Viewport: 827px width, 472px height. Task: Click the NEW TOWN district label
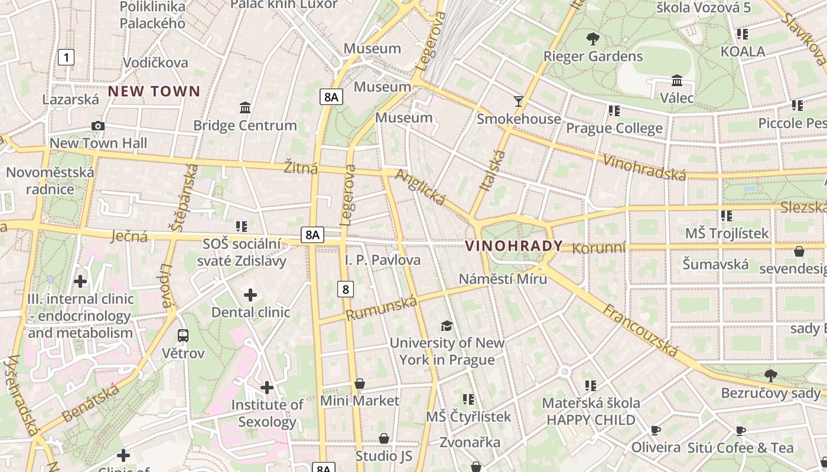(x=154, y=91)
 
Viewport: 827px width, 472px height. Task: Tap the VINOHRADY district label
(x=514, y=246)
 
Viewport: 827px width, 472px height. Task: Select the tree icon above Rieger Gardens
(x=592, y=39)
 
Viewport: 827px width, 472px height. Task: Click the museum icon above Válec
(x=677, y=80)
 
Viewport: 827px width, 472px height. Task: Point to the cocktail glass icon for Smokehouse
(x=519, y=101)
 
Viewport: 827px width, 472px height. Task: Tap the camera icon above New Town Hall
(x=98, y=126)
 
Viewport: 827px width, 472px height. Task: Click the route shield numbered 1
(x=67, y=57)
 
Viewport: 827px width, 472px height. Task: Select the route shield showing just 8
(x=346, y=289)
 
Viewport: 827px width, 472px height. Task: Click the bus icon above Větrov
(x=183, y=336)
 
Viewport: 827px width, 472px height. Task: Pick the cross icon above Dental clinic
(x=250, y=294)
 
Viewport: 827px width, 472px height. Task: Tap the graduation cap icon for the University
(x=447, y=326)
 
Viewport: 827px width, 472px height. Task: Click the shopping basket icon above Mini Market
(x=359, y=384)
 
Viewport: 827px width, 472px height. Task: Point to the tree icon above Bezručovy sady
(x=770, y=375)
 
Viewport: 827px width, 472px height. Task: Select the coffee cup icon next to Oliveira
(x=655, y=430)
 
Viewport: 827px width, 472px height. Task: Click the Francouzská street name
(x=640, y=330)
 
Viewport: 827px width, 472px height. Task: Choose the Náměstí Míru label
(x=503, y=279)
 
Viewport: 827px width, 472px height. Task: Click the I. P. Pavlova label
(x=383, y=260)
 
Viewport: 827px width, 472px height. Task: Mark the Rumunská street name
(x=381, y=309)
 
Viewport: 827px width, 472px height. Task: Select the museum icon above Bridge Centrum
(x=245, y=108)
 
